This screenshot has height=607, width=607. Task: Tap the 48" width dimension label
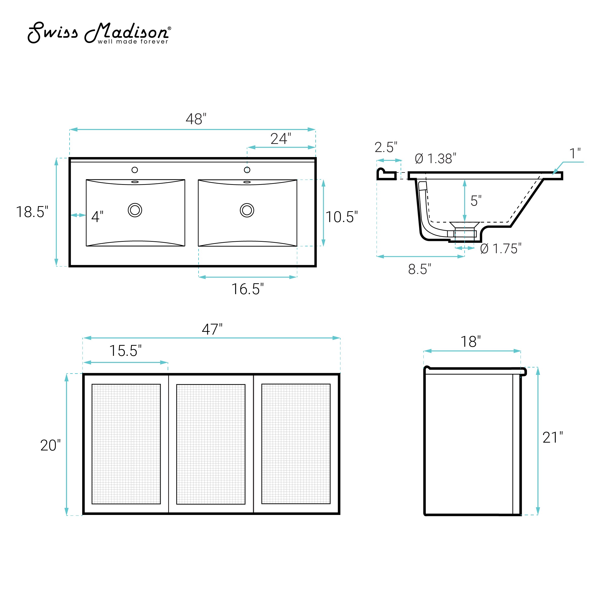pyautogui.click(x=196, y=119)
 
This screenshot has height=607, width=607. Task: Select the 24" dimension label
pyautogui.click(x=280, y=139)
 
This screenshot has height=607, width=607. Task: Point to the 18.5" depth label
pyautogui.click(x=32, y=212)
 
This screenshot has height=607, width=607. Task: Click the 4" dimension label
pyautogui.click(x=97, y=217)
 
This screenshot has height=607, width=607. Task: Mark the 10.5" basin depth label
pyautogui.click(x=341, y=217)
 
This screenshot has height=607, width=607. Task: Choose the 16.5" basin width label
pyautogui.click(x=247, y=289)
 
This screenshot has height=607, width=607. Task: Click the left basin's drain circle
pyautogui.click(x=135, y=210)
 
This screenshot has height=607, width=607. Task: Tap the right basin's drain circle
pyautogui.click(x=247, y=210)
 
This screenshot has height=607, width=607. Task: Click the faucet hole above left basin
pyautogui.click(x=135, y=170)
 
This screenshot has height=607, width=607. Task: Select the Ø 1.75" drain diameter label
pyautogui.click(x=501, y=249)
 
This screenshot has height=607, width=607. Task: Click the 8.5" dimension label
pyautogui.click(x=419, y=269)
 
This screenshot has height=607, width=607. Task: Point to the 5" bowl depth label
pyautogui.click(x=476, y=201)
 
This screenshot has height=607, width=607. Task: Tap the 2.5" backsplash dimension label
pyautogui.click(x=386, y=147)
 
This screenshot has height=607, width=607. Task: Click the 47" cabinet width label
pyautogui.click(x=212, y=330)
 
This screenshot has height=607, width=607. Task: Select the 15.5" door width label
pyautogui.click(x=125, y=351)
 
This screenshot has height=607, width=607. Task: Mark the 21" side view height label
pyautogui.click(x=552, y=438)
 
